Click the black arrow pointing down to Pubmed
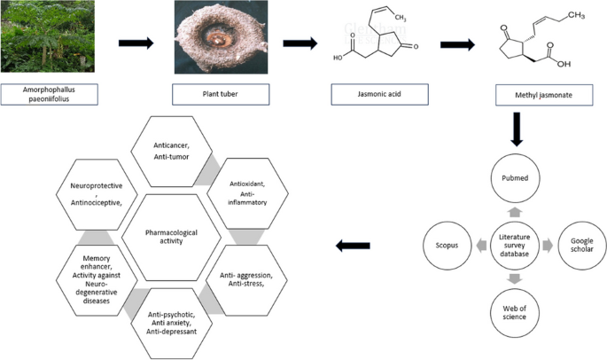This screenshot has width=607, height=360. [517, 129]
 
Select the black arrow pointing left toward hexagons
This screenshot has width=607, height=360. [353, 246]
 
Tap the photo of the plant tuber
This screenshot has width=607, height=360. [221, 37]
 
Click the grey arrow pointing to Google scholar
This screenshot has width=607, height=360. [548, 246]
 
